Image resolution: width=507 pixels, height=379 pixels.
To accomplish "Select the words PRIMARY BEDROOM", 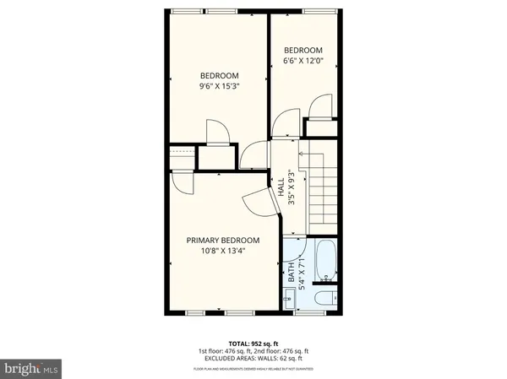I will coord(222,240).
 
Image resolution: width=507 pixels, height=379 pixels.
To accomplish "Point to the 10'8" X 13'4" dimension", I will coord(222,251).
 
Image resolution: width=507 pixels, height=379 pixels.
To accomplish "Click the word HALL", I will coord(281,187).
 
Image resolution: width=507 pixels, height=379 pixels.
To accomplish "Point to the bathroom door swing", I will coord(292,251).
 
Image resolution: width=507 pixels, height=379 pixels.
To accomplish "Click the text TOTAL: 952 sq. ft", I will coord(253,344).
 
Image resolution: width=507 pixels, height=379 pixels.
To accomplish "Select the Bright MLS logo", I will coord(31,368).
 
